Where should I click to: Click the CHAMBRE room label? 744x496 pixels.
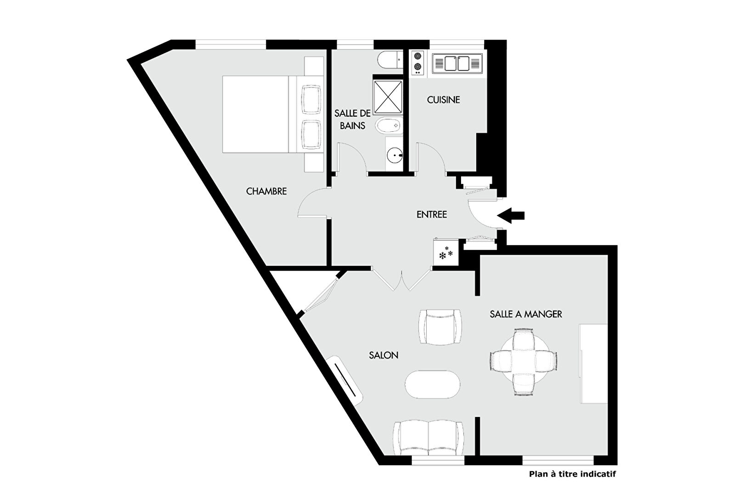tap(266, 192)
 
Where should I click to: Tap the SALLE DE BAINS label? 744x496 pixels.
tap(352, 119)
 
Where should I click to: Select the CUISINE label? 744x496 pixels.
tap(443, 100)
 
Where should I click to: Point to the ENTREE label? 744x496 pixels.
tap(431, 214)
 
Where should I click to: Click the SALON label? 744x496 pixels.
tap(383, 355)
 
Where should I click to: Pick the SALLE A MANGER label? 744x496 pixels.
tap(526, 314)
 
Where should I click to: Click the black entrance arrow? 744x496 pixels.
tap(511, 215)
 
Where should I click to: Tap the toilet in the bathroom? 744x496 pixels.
tap(390, 60)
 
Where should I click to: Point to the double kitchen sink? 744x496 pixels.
tap(457, 63)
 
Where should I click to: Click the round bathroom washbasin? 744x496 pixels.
tap(395, 155)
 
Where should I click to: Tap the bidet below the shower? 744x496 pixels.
tap(388, 125)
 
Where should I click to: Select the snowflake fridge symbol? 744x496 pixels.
tap(446, 253)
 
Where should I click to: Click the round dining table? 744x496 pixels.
tap(523, 362)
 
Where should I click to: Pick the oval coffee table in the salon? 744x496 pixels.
tap(433, 384)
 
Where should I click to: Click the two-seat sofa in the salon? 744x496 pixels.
tap(428, 438)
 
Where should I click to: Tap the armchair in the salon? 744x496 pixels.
tap(440, 327)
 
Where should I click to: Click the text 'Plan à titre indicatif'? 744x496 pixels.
tap(572, 474)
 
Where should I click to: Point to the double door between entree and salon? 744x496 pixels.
tap(401, 280)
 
